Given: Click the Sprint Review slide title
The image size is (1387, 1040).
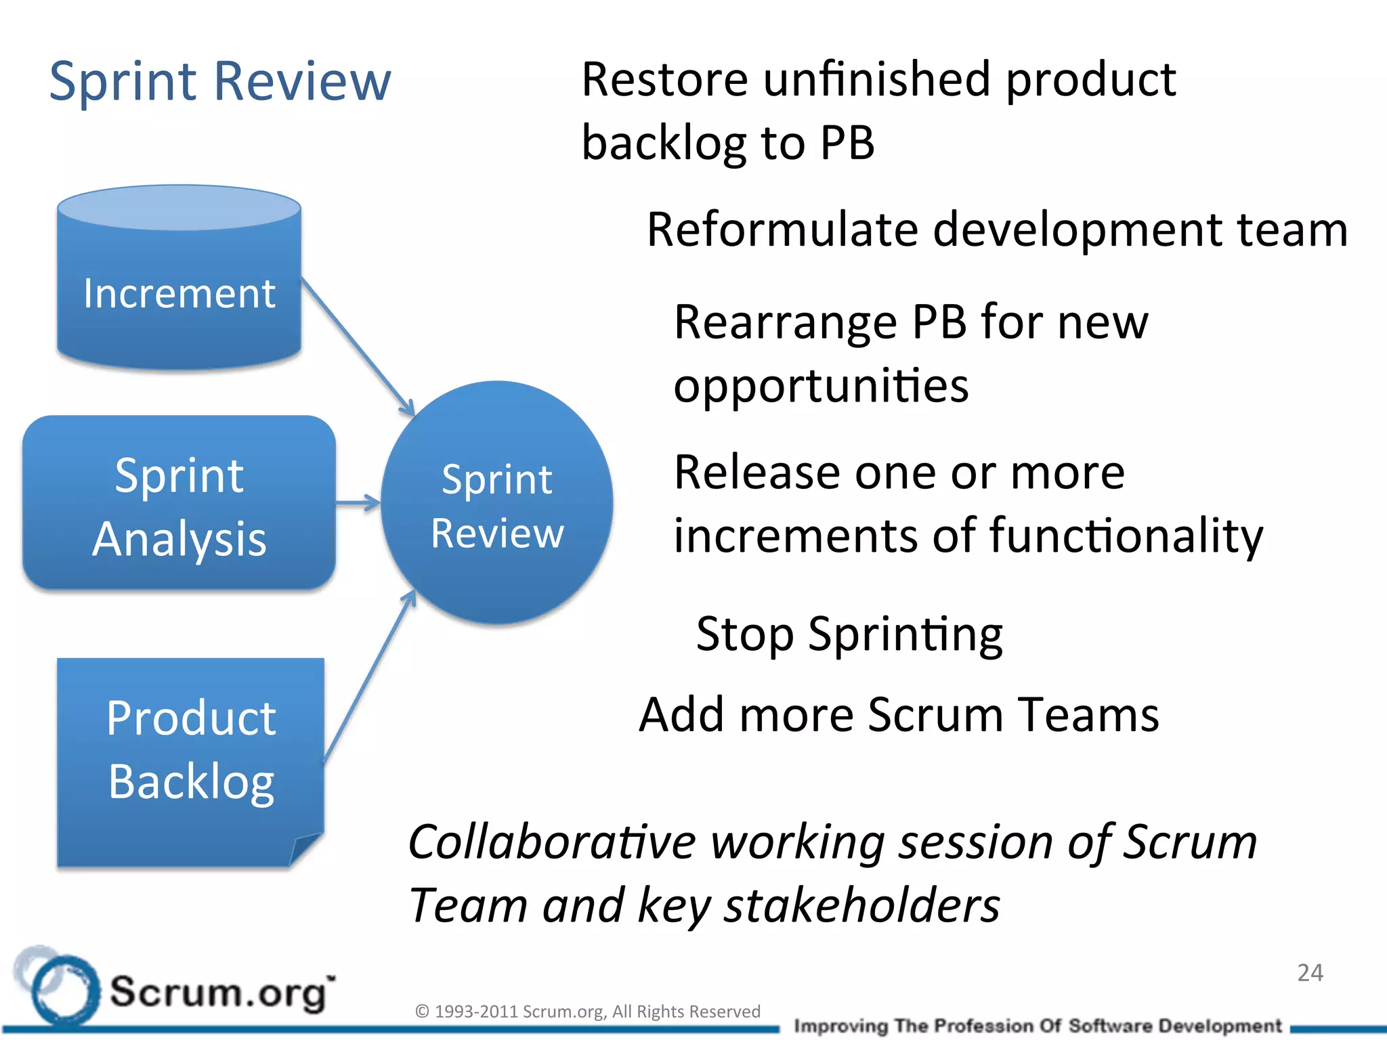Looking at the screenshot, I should coord(220,81).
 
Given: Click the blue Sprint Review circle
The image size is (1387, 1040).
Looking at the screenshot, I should coord(497,504).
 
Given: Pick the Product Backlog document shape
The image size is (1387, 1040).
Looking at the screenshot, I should coord(190,752).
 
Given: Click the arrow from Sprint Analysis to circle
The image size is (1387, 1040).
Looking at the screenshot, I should coord(358,503).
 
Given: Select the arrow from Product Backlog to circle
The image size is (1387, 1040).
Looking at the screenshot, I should coord(369,677).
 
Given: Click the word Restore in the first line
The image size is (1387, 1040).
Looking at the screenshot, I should coord(664,80).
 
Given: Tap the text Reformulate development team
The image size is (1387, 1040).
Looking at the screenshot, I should coord(997,230).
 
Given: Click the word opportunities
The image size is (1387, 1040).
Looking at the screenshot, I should coord(821,386).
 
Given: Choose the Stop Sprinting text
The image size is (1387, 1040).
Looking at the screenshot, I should coord(849,635).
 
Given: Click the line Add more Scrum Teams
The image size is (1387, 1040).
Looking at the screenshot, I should coord(899,715).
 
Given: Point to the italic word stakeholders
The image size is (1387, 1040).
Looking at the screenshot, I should coord(861,906).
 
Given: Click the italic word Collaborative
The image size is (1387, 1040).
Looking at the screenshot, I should coord(552,842).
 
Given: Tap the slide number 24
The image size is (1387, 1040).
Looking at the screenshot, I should coord(1310,973).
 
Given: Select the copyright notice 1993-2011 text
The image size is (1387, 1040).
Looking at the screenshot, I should coord(587,1012).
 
